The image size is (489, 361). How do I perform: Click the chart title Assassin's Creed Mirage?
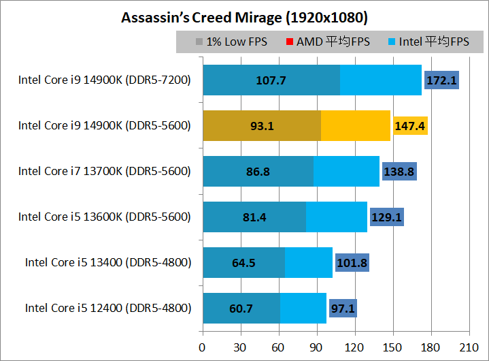click(244, 16)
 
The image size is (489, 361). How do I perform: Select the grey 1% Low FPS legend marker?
click(199, 42)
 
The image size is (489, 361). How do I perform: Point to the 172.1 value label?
click(442, 80)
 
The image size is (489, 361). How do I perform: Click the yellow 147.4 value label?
click(410, 126)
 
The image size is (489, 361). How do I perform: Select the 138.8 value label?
click(399, 172)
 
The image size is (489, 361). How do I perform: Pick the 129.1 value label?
click(387, 217)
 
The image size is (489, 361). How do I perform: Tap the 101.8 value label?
click(352, 262)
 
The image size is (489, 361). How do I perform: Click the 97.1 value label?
click(343, 308)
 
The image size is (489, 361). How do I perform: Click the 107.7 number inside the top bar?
click(271, 80)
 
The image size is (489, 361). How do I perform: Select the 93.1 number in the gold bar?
click(262, 126)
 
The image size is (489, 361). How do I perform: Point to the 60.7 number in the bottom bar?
click(241, 308)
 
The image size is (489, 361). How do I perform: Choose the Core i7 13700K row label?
click(105, 172)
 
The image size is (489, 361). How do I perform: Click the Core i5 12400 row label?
click(108, 308)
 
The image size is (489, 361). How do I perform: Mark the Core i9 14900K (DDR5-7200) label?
click(105, 80)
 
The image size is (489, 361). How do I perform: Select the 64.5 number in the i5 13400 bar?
click(243, 262)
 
